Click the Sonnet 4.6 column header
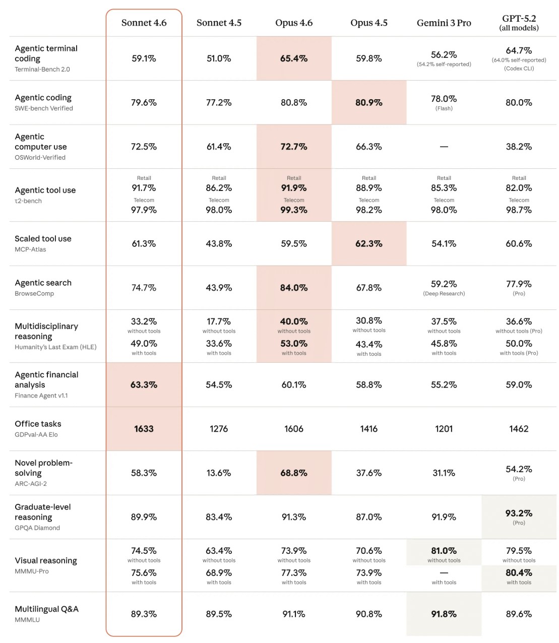coord(144,23)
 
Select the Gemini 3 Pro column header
coord(444,23)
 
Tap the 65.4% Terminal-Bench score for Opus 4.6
coord(294,58)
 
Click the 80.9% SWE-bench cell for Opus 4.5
coord(368,102)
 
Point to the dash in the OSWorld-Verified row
coord(444,147)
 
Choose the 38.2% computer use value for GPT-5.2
coord(519,147)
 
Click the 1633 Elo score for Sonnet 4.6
coord(144,429)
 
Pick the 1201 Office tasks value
coord(444,429)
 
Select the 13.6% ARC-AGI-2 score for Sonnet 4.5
coord(219,473)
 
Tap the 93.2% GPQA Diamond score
coord(519,513)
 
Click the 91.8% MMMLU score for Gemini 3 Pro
coord(444,614)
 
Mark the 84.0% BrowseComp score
coord(294,288)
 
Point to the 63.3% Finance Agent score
coord(144,384)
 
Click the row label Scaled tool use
coord(43,238)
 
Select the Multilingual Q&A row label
coord(46,609)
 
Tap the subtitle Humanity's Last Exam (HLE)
coord(55,347)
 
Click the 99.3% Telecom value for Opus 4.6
coord(294,210)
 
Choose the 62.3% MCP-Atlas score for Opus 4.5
coord(368,243)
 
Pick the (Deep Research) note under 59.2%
coord(444,293)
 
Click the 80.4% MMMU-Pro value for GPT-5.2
coord(519,572)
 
